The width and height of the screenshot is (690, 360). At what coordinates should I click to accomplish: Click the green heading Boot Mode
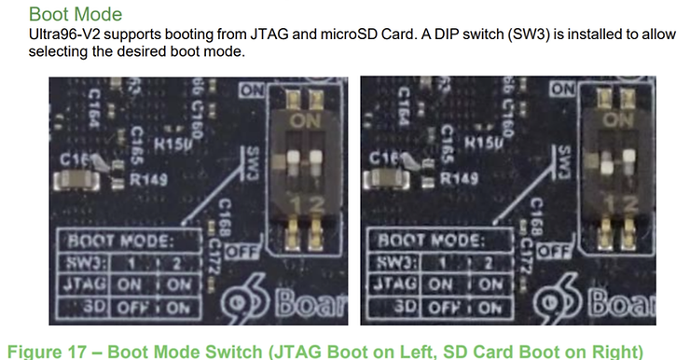tap(75, 14)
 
